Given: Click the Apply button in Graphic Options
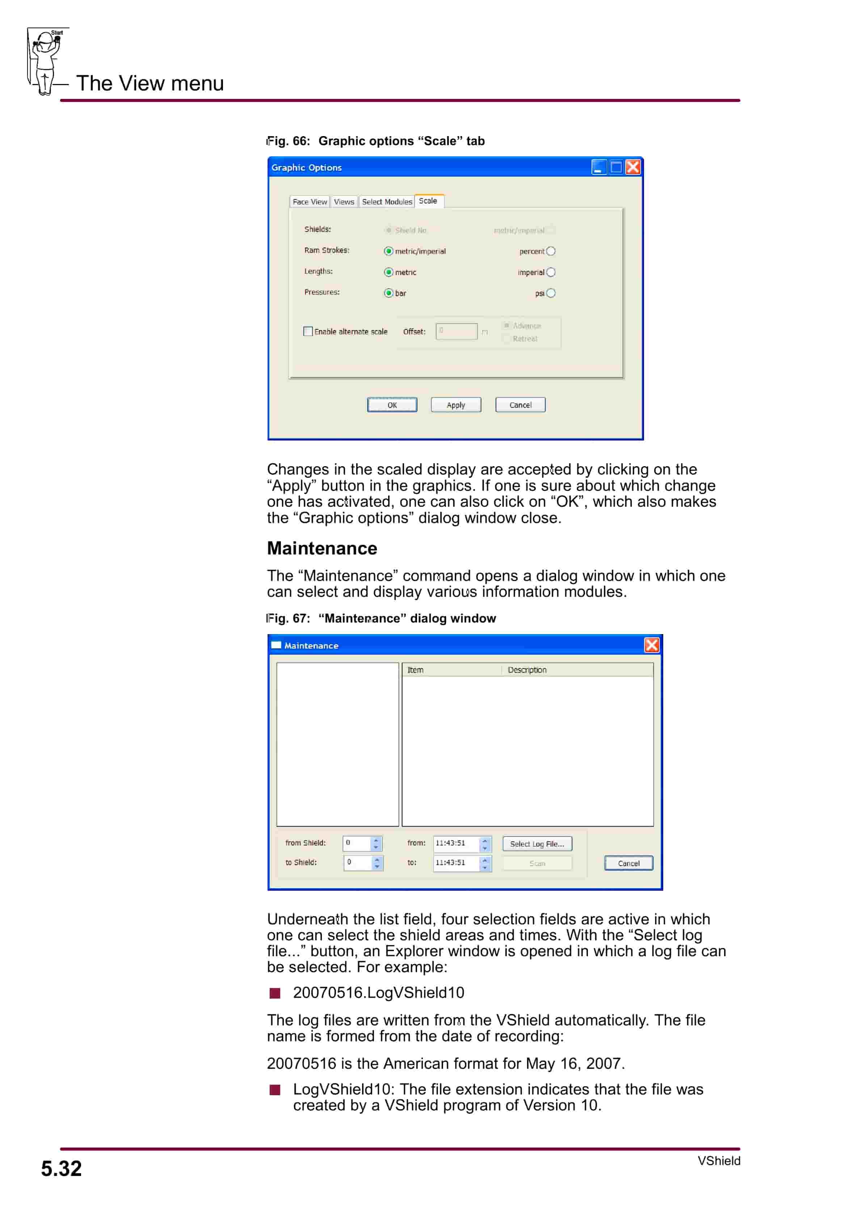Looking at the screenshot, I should coord(456,405).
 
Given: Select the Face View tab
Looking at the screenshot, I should coord(310,202).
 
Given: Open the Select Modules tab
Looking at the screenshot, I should coord(387,202).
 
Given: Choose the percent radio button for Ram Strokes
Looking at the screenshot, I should coord(551,251).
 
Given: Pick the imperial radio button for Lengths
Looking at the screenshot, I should coord(551,273).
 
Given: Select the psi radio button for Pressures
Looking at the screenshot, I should coord(551,293).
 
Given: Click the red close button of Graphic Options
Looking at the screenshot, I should coord(632,168).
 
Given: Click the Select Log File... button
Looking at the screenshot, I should coord(537,844).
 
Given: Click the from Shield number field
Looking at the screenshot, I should coord(357,843).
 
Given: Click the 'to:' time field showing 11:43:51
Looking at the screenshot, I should coord(456,863).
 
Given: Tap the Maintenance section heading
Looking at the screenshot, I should coord(322,548).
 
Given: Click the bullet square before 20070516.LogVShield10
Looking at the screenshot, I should coord(274,993).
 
